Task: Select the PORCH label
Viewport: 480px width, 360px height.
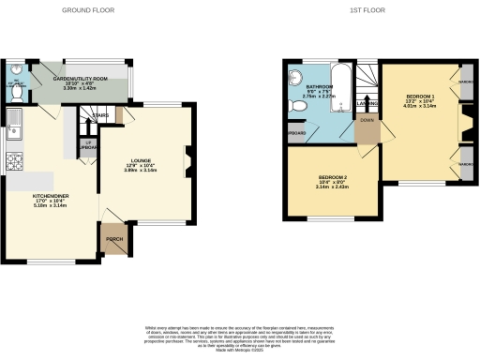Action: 115,237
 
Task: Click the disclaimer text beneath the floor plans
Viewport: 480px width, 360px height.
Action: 240,330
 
